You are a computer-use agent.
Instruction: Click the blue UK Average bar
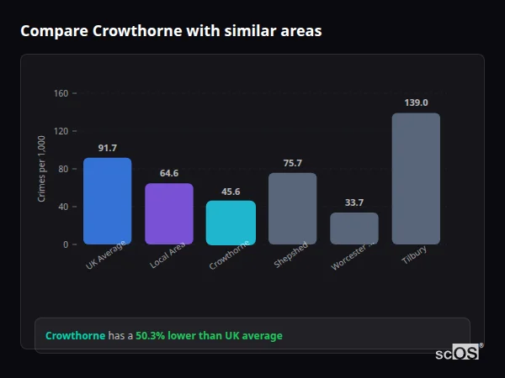(107, 201)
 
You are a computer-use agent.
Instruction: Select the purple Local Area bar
(169, 213)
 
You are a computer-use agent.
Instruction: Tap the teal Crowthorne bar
(231, 222)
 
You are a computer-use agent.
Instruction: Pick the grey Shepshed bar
(292, 208)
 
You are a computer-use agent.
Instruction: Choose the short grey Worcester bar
(354, 228)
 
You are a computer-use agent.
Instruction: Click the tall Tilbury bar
(416, 178)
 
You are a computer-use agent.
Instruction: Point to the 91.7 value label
(107, 148)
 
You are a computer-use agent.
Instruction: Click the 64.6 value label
(169, 173)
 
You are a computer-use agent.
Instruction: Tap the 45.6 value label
(231, 191)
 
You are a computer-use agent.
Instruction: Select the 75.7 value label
(292, 163)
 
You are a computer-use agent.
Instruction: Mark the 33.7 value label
(354, 202)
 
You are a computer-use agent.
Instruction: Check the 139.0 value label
(416, 102)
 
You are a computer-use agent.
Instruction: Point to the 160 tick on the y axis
(61, 93)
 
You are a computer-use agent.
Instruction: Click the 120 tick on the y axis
(61, 131)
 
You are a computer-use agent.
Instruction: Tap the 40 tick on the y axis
(63, 207)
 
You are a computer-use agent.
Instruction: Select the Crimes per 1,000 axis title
(41, 169)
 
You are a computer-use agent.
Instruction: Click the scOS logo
(457, 353)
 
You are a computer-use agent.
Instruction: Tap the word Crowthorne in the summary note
(75, 336)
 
